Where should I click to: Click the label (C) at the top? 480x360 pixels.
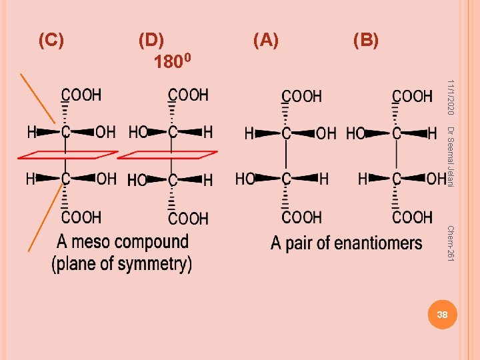tap(51, 41)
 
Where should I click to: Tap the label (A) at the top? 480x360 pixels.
tap(265, 41)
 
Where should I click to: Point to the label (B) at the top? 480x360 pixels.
tap(365, 41)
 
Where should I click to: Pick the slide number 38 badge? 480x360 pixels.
tap(441, 314)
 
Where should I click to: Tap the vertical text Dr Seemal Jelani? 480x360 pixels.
tap(451, 157)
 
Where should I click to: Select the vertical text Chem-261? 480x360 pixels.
tap(451, 243)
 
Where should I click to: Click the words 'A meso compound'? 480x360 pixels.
tap(123, 242)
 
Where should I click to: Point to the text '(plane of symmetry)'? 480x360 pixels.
tap(122, 263)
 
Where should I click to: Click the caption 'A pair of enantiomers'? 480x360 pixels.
tap(346, 243)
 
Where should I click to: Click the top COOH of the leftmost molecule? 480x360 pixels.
tap(81, 95)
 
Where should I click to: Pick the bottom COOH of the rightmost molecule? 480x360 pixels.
tap(412, 217)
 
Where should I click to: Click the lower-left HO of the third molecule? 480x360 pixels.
tap(245, 179)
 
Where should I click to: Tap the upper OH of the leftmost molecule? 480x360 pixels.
tap(105, 132)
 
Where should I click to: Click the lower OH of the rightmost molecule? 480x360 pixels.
tap(436, 179)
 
